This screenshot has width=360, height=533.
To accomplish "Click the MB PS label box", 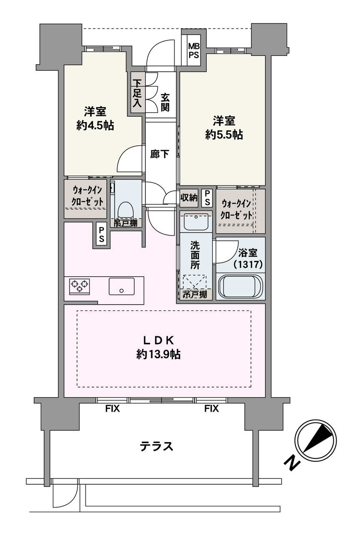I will [x=193, y=50].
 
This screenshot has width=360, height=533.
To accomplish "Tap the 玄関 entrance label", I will [x=165, y=103].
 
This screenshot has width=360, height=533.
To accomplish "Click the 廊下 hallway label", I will [x=160, y=154].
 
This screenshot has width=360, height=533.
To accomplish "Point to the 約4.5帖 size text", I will [x=95, y=125].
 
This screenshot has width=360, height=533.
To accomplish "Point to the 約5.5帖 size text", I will [x=224, y=135].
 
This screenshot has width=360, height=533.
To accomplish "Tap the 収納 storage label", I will [x=189, y=198].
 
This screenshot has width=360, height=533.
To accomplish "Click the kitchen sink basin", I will [x=122, y=286].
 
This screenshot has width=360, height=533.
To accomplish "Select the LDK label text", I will [x=158, y=340].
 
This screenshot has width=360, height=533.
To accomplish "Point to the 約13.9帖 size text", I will [x=158, y=355].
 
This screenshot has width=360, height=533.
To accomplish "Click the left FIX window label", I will [x=112, y=409].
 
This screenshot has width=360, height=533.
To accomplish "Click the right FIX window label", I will [x=211, y=409].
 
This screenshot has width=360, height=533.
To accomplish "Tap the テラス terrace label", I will [x=156, y=447].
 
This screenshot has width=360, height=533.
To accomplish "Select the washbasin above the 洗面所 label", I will [x=195, y=221].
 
